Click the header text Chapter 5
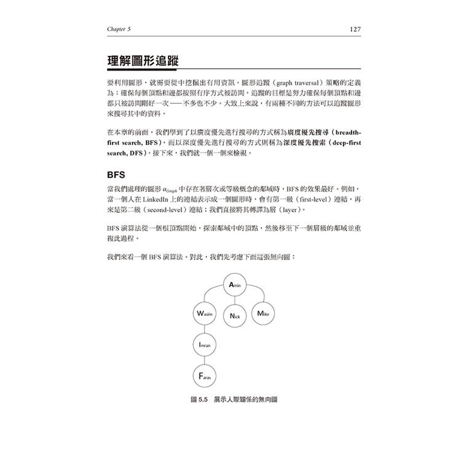(x=119, y=29)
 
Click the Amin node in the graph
(x=237, y=285)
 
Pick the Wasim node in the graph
(x=204, y=314)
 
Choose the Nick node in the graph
(x=234, y=315)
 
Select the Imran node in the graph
(x=204, y=345)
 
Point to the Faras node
(x=204, y=375)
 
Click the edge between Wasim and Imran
(x=204, y=330)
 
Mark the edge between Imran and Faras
(x=204, y=360)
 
